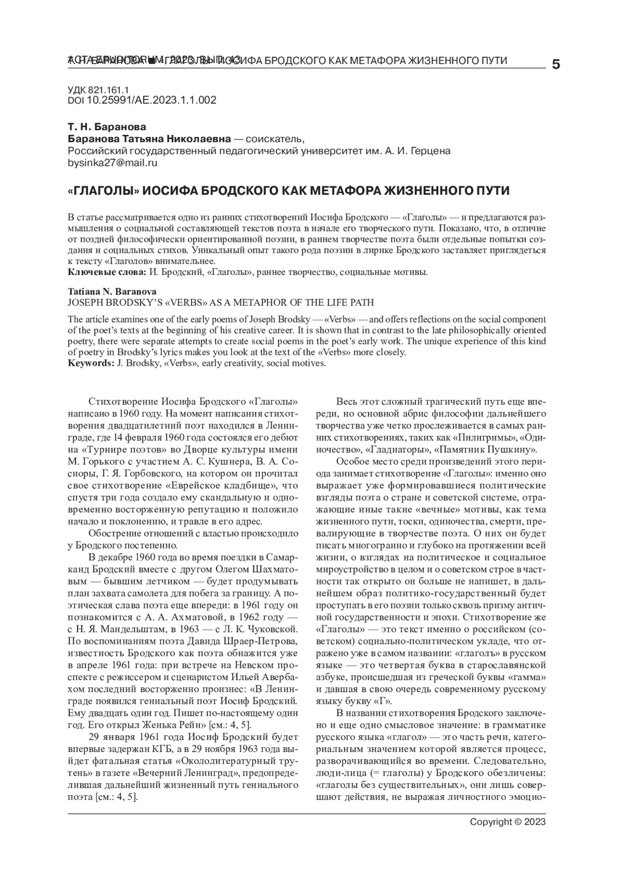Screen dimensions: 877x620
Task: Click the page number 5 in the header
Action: pos(556,65)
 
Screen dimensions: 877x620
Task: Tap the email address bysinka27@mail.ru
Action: pos(113,163)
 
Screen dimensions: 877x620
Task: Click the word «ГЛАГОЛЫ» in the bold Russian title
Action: pos(103,191)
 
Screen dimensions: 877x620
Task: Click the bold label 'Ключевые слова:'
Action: pos(108,271)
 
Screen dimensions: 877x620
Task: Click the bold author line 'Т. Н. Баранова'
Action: pos(107,127)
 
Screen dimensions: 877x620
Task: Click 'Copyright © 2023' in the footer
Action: pos(507,822)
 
